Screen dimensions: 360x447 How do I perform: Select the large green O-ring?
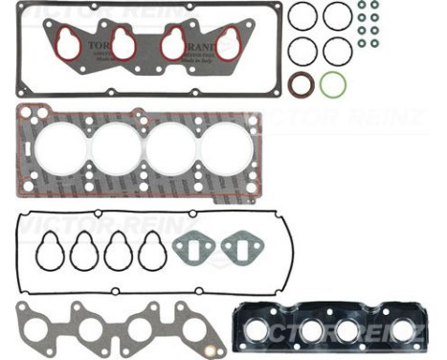333,84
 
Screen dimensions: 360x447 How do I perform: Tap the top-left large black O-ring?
302,16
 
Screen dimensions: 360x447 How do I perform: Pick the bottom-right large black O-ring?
337,50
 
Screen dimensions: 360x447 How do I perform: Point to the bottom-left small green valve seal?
363,43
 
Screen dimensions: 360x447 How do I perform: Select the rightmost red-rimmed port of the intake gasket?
228,42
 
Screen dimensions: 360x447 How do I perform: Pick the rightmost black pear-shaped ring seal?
151,252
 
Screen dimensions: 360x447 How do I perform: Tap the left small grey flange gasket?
191,249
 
